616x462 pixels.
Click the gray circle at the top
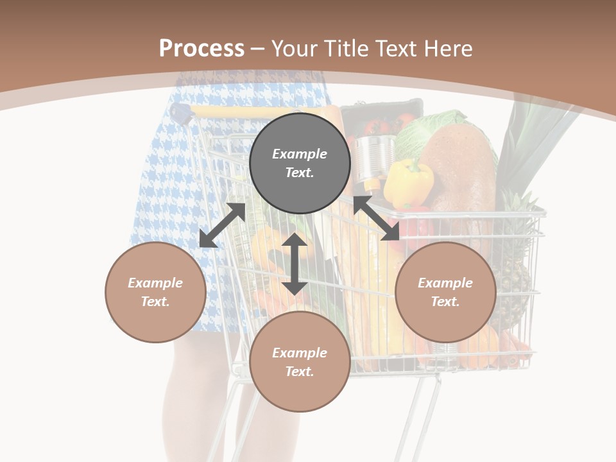pos(300,164)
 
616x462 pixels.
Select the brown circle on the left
pos(155,292)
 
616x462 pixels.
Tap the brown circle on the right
pos(445,292)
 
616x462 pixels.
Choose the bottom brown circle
pos(300,362)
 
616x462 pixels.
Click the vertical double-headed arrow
pos(295,264)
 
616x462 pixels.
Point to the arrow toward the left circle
pos(222,225)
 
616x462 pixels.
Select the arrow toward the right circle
pos(376,219)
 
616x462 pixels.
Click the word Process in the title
pos(201,49)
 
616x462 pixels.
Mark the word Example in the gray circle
pos(300,154)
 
